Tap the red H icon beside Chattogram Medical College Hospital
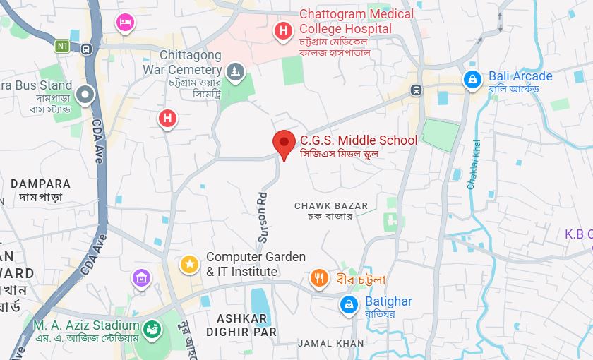point(283,30)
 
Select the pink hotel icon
point(125,23)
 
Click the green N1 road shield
point(63,47)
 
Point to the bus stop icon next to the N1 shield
point(86,49)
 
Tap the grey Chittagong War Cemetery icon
point(235,71)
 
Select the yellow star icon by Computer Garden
point(189,264)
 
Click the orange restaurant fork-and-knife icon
point(320,278)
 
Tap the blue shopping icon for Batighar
point(348,304)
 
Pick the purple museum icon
point(141,277)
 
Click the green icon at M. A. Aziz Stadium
point(152,328)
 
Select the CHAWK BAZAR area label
point(331,206)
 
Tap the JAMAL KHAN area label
point(331,344)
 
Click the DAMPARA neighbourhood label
point(40,184)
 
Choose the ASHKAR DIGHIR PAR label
point(241,325)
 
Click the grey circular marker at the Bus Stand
point(86,94)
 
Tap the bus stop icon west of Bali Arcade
point(417,90)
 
